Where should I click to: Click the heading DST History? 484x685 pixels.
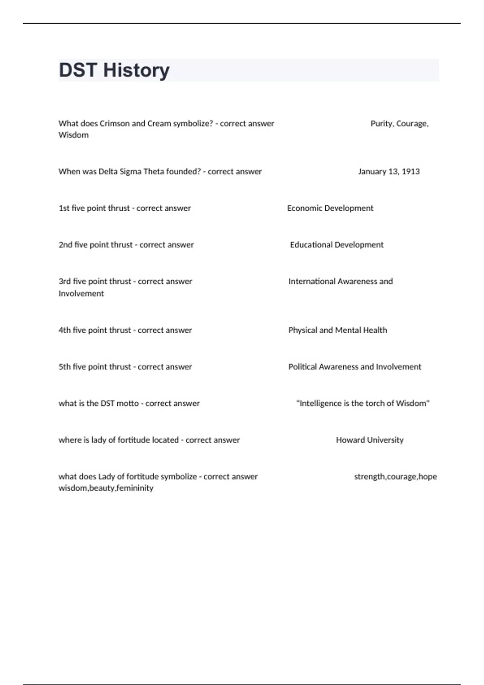coord(114,70)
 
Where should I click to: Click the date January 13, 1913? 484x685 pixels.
coord(389,172)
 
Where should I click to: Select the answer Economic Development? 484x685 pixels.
coord(330,208)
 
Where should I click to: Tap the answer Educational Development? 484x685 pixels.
coord(337,245)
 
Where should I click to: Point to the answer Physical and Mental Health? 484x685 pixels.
coord(338,330)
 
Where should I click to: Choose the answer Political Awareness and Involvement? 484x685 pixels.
coord(355,367)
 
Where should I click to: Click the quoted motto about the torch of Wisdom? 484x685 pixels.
coord(363,403)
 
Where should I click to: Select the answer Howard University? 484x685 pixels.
coord(369,440)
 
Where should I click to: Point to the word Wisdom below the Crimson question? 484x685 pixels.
coord(73,135)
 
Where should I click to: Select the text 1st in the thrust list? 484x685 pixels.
coord(64,208)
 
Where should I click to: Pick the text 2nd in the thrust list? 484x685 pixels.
coord(65,245)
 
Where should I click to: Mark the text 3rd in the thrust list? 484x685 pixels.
coord(65,282)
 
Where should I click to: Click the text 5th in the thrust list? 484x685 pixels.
coord(65,367)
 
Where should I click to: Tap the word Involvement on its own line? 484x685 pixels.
coord(81,294)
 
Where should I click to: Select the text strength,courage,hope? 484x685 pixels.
coord(395,477)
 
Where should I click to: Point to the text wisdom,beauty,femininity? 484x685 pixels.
coord(106,488)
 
